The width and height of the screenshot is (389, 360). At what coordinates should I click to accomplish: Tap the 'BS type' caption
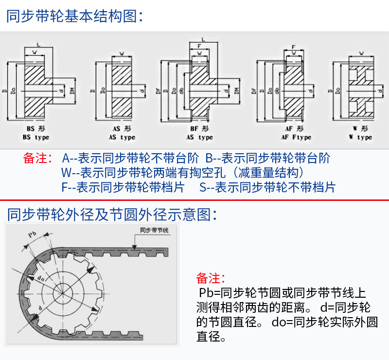pos(36,137)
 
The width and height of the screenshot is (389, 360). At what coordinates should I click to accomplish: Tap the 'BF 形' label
pos(199,129)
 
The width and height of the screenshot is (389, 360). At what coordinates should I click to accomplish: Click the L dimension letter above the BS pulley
pos(38,45)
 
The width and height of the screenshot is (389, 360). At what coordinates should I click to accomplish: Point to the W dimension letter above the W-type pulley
pos(361,53)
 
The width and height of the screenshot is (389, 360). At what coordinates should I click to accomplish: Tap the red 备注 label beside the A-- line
pos(37,158)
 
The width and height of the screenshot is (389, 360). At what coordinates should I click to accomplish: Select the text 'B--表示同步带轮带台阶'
pos(268,158)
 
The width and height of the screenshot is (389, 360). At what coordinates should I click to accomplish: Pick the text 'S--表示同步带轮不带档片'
pos(267,187)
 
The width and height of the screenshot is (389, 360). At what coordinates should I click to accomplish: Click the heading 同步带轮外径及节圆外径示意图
pos(112,214)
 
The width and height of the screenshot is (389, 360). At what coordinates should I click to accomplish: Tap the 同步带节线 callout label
pos(154,230)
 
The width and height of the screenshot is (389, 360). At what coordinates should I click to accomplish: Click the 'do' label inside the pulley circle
pos(41,278)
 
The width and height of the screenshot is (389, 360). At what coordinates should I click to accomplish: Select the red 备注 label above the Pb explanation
pos(211,278)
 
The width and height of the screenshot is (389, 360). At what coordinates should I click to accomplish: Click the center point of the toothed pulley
pos(63,292)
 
